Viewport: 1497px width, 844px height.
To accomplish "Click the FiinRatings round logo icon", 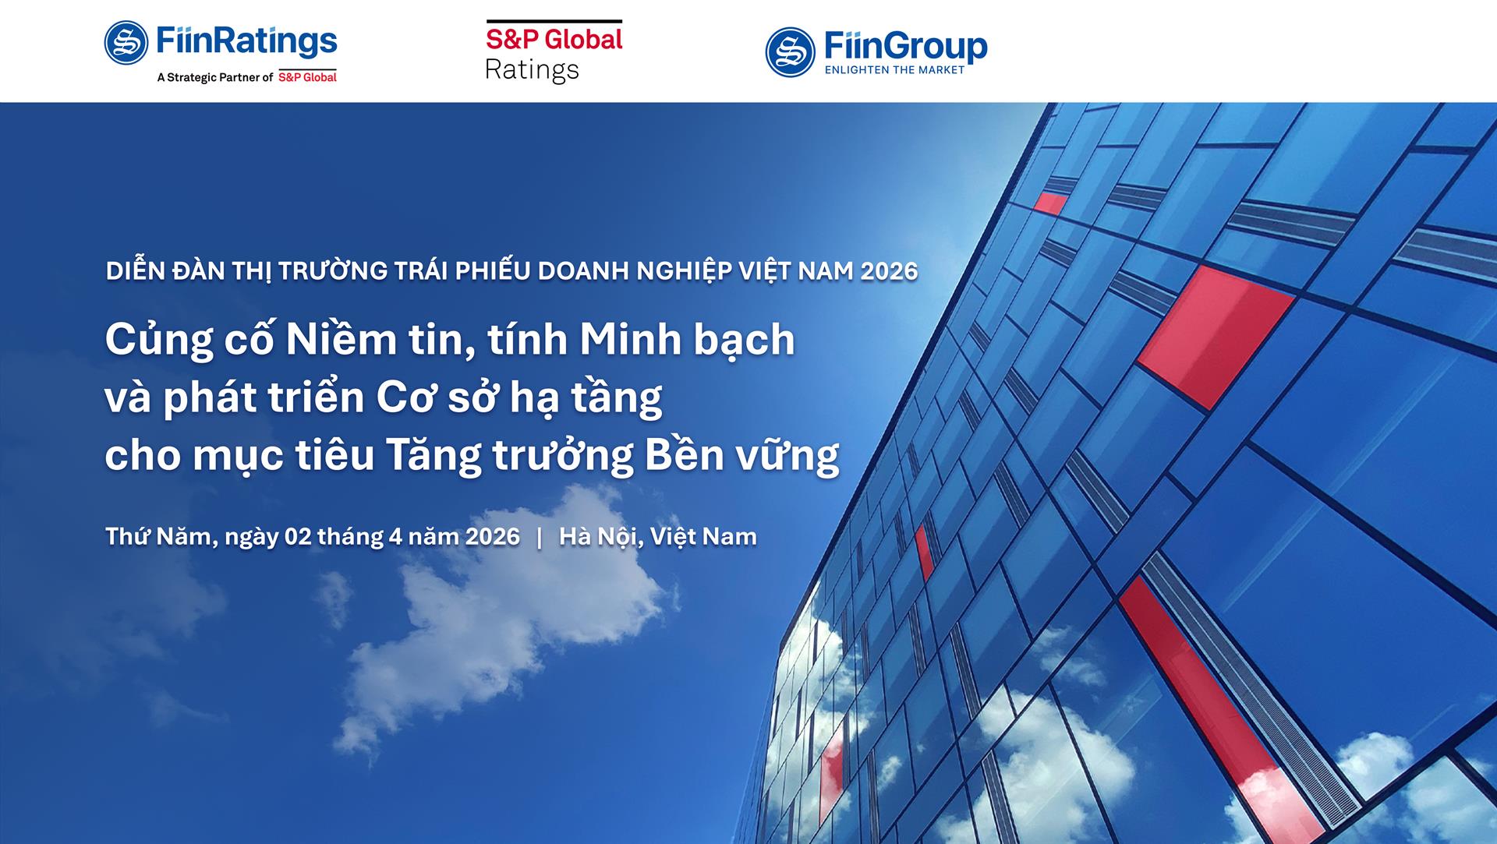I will tap(126, 43).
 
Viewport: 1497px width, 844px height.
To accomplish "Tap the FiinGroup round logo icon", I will tap(790, 52).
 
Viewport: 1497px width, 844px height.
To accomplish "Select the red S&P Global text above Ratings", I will tap(554, 40).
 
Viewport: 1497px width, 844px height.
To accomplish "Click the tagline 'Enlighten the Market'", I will tap(894, 70).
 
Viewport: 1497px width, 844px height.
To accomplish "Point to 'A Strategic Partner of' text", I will tap(215, 77).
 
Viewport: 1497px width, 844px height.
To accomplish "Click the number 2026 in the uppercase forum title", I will tap(889, 271).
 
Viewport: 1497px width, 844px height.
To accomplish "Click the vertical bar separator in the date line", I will tap(540, 537).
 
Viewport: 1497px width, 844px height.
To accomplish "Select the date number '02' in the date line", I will tap(298, 537).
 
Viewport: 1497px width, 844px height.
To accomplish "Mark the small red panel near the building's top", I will tap(1050, 203).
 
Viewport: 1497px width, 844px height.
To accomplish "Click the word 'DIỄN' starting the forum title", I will tap(136, 271).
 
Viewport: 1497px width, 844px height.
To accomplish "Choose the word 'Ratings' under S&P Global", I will tap(532, 70).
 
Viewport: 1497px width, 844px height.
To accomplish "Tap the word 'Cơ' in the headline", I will tap(400, 398).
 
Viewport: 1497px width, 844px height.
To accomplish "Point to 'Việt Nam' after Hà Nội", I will tap(703, 537).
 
